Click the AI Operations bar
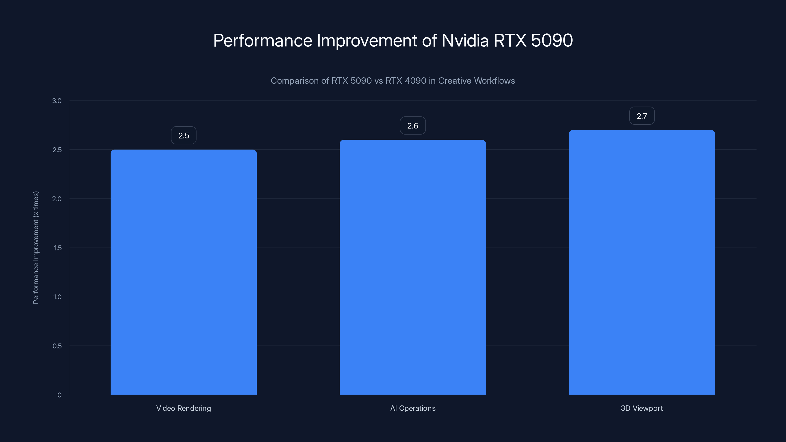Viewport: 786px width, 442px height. [413, 267]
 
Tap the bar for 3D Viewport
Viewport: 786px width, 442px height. [642, 262]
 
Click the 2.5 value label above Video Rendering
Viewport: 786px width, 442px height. [183, 136]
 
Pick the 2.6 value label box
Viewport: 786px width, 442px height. [413, 126]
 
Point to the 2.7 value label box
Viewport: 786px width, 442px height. [642, 116]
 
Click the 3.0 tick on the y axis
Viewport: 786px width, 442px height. [57, 101]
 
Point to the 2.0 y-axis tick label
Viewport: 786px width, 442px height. [57, 199]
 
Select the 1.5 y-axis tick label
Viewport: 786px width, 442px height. [57, 248]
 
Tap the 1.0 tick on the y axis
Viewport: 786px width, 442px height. [57, 297]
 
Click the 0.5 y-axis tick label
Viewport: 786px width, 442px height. [57, 346]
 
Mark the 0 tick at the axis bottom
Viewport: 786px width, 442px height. [59, 395]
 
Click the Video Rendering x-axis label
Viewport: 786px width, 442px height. [183, 408]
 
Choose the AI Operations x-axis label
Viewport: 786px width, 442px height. [413, 408]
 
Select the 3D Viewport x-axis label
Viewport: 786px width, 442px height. [642, 408]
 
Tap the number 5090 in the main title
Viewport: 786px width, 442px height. [552, 40]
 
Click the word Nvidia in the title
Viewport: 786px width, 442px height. [465, 40]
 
